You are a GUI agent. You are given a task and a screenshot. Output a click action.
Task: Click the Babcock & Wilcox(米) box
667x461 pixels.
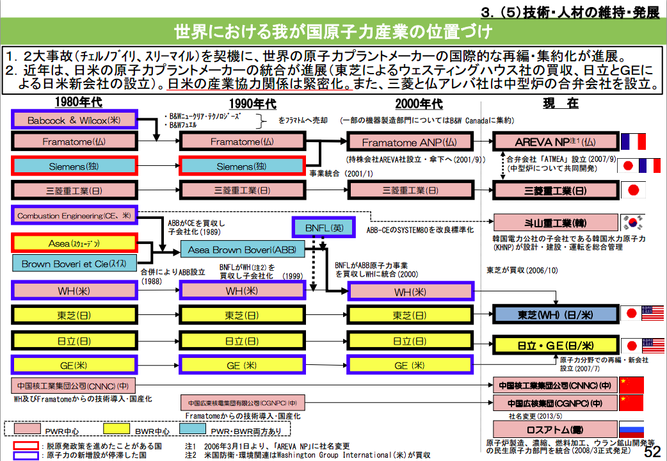coord(74,120)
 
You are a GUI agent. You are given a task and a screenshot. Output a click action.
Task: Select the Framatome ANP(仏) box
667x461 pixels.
coord(409,142)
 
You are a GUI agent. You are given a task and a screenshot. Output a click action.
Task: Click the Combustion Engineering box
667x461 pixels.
coord(74,216)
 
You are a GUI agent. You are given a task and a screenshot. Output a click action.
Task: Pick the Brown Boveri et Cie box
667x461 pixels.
coord(74,263)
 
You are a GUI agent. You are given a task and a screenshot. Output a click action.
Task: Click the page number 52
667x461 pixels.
coord(652,451)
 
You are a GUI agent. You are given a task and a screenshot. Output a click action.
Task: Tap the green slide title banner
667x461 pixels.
coord(333,31)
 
